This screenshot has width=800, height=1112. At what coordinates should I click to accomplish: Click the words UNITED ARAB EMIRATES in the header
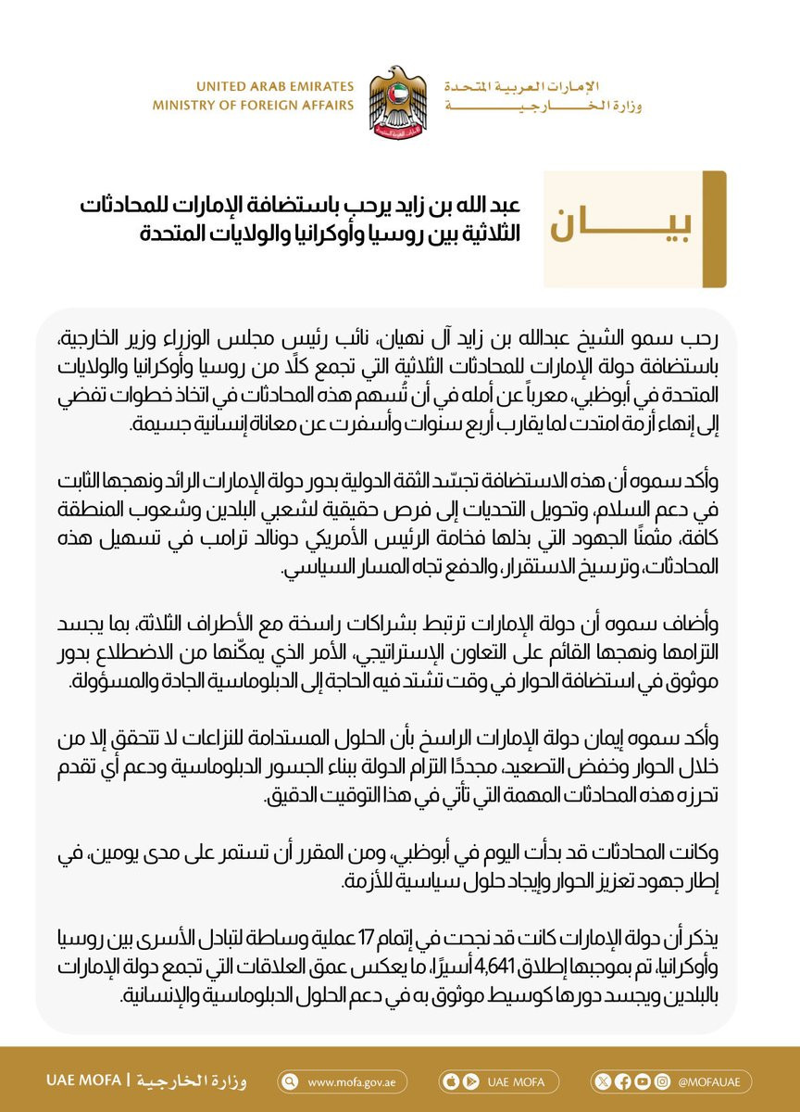[254, 86]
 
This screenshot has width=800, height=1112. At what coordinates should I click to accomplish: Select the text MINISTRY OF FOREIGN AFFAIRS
[254, 106]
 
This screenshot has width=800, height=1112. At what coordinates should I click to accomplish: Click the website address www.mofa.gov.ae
[346, 1081]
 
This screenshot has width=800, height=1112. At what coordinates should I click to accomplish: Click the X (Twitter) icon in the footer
[606, 1081]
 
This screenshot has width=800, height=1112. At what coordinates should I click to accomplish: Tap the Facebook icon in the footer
[623, 1081]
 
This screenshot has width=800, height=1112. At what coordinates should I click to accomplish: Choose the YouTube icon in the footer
[642, 1081]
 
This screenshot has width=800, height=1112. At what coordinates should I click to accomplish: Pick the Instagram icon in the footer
[660, 1081]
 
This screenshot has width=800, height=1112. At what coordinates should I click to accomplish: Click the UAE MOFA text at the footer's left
[83, 1081]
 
